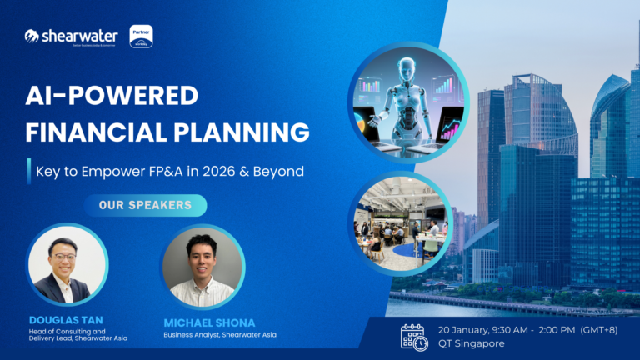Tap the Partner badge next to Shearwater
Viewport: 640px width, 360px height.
click(x=142, y=36)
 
